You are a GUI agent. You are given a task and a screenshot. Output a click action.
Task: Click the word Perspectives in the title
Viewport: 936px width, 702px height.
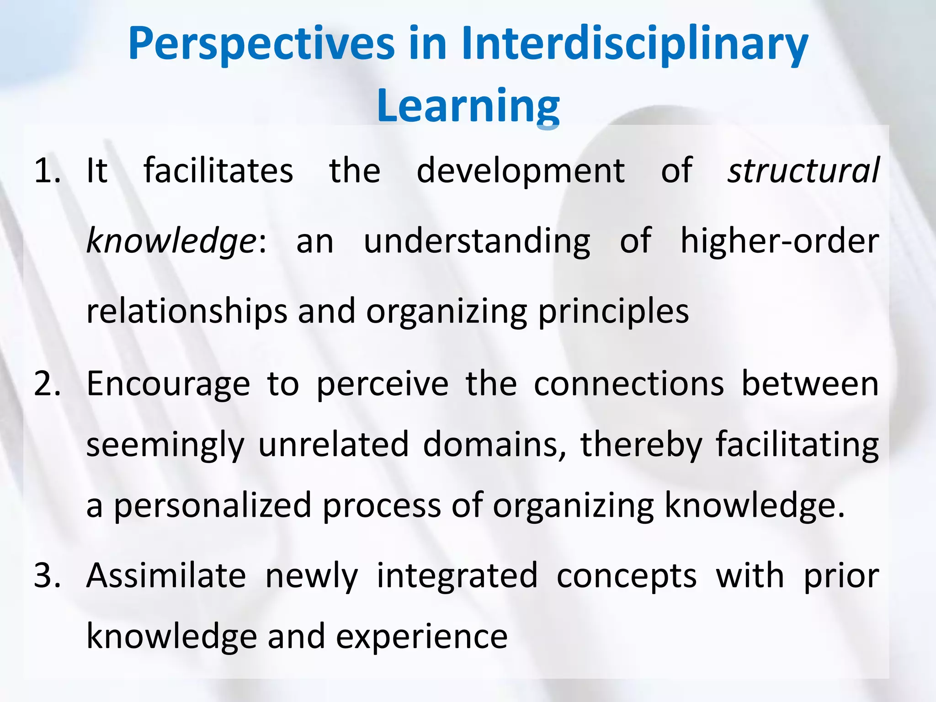[x=261, y=44]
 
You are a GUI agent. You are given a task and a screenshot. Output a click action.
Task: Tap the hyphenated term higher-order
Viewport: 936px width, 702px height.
[x=780, y=241]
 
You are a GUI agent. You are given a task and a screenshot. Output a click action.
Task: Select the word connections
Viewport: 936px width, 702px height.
[x=629, y=384]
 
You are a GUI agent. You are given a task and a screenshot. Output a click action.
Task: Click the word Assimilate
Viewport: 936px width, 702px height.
[x=166, y=575]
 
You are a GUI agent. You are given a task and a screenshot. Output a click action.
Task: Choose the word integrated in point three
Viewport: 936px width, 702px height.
[x=457, y=576]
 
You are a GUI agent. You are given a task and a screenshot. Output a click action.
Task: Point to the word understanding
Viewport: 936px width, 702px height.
[x=477, y=242]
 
